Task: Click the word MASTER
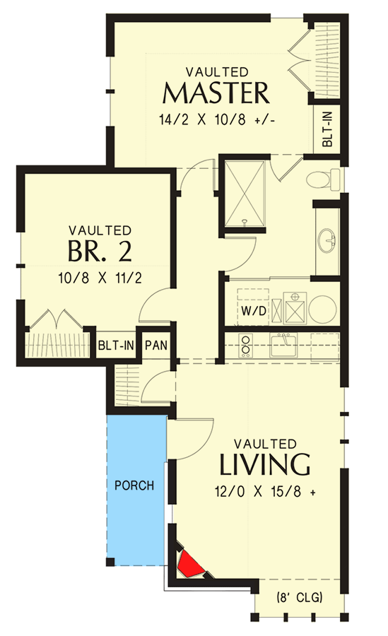click(216, 93)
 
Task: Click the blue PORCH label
click(134, 485)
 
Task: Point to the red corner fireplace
click(190, 563)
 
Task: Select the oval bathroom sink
click(329, 240)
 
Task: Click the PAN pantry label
click(155, 346)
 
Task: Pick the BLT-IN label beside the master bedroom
click(329, 127)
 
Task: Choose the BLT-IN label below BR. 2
click(117, 346)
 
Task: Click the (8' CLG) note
click(298, 598)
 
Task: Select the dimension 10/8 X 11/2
click(100, 278)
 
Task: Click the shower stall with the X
click(244, 192)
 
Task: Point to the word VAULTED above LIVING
click(265, 444)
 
